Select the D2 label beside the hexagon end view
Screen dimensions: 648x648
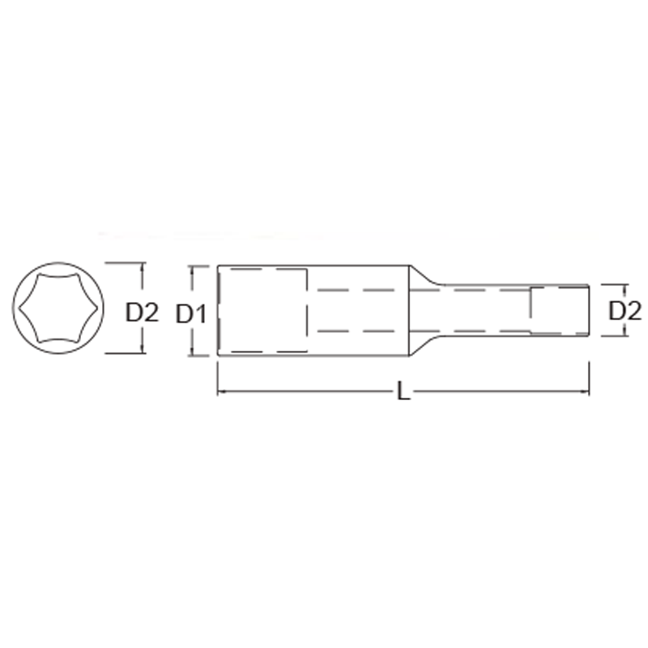point(143,312)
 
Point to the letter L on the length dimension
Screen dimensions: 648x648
point(403,393)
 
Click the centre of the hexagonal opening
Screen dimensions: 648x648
point(58,308)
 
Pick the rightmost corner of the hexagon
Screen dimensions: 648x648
point(96,308)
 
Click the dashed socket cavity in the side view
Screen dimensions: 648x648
point(264,310)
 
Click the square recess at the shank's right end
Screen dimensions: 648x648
point(559,309)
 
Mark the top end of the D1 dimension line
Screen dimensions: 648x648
point(193,266)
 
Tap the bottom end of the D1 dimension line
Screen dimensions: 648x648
point(193,354)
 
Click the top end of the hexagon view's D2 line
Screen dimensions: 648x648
point(143,262)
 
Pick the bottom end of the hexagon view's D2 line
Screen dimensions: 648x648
point(143,352)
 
